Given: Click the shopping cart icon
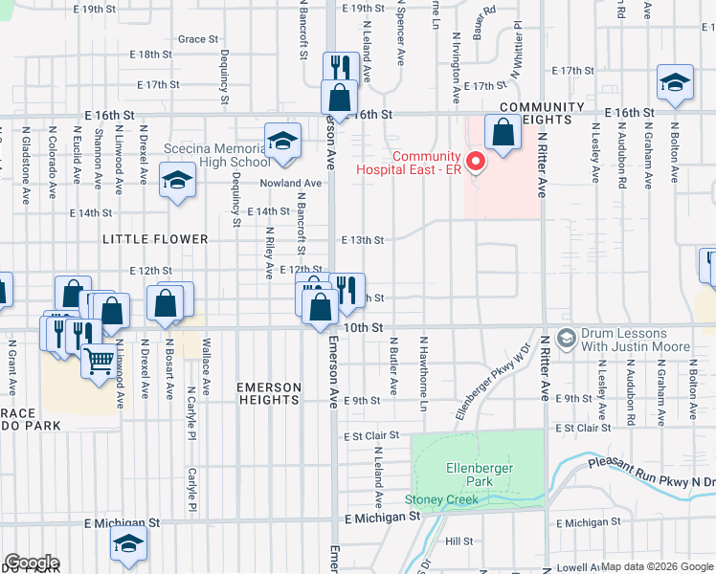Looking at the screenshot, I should [98, 361].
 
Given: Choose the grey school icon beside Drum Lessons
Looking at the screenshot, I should [567, 338].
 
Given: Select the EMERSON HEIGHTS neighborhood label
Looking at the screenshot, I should [269, 393].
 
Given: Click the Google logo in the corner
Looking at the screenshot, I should [32, 563].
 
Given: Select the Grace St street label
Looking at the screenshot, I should [198, 39].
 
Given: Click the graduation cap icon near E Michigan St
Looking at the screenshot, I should [127, 543].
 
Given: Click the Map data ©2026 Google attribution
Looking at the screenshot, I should [657, 566].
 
